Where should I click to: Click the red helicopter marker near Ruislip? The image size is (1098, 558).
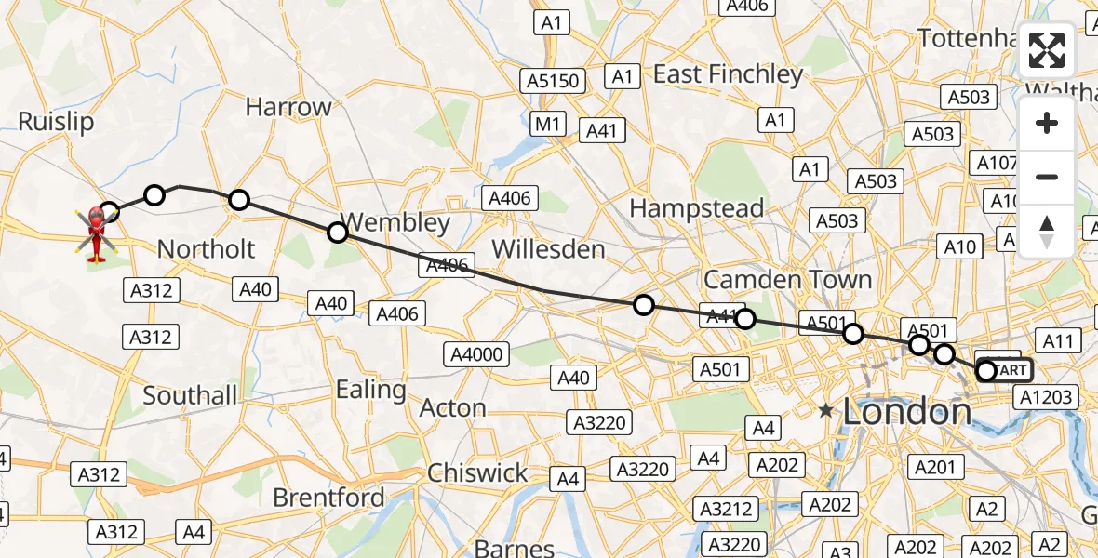point(95,229)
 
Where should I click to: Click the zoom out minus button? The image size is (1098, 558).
point(1047,177)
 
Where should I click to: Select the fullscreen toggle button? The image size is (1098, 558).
point(1047,51)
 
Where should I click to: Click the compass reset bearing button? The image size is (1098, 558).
point(1047,231)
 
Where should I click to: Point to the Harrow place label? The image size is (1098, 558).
point(288,107)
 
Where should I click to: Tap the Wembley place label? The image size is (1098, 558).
point(395,223)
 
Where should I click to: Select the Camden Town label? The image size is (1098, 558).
point(787,279)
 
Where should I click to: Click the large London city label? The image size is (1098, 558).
point(906,413)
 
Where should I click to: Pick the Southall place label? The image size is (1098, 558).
point(190,395)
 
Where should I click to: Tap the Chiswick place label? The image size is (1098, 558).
point(477,472)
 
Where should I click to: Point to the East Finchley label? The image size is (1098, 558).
point(728,74)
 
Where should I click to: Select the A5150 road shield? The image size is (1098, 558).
point(555,81)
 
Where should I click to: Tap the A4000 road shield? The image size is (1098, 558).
point(476,353)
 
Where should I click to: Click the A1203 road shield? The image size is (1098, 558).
point(1046,397)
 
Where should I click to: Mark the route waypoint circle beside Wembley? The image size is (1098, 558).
point(338,232)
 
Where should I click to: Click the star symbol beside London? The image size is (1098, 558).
point(825,409)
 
